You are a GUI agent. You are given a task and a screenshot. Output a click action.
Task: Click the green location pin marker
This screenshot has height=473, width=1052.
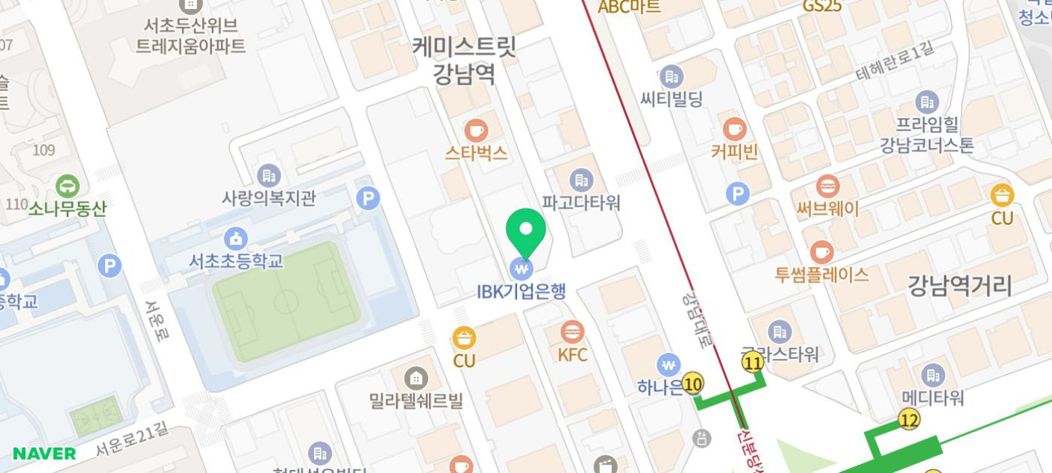click(526, 231)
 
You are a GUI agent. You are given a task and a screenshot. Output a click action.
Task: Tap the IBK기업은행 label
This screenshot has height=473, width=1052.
click(521, 290)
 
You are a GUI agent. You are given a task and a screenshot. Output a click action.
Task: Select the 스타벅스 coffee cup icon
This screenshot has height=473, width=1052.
click(476, 131)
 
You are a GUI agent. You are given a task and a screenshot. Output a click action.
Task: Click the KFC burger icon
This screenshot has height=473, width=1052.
click(572, 332)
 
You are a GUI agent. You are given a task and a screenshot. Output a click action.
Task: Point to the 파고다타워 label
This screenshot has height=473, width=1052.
click(581, 202)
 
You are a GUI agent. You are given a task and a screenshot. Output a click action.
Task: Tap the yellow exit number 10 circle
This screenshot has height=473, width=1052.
click(692, 383)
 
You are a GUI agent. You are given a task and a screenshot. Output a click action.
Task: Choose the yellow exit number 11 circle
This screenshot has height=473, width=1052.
click(753, 363)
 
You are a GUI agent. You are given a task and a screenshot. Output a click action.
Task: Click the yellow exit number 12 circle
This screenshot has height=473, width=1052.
click(909, 419)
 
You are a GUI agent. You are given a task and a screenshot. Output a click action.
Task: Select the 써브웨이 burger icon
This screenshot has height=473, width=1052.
click(827, 187)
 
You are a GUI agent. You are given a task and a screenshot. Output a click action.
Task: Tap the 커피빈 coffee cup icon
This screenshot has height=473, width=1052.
click(734, 129)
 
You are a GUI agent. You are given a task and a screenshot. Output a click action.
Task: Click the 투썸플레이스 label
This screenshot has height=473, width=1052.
click(821, 275)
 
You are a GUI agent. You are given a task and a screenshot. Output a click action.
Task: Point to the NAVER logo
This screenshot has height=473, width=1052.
click(44, 454)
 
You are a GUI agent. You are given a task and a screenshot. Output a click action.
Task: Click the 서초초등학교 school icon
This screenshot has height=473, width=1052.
click(236, 239)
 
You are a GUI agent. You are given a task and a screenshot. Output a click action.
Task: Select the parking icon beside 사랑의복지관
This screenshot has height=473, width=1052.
click(368, 198)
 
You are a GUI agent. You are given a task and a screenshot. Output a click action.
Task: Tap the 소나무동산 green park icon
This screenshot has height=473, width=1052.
click(67, 186)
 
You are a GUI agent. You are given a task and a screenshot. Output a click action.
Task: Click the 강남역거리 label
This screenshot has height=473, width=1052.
click(959, 285)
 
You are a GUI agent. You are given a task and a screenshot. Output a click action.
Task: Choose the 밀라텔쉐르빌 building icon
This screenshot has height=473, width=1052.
click(416, 378)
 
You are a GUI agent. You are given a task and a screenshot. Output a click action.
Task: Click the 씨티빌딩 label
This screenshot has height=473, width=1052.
click(671, 98)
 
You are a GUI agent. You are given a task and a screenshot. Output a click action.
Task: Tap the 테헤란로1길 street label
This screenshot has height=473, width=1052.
click(895, 62)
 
